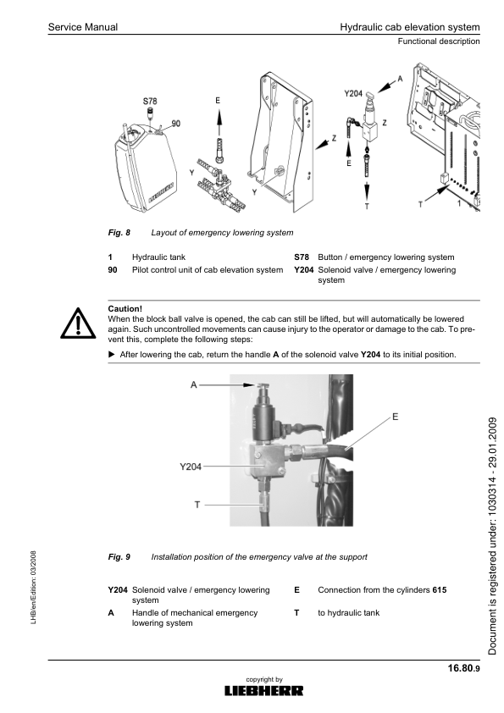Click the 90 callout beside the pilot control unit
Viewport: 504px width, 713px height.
click(175, 124)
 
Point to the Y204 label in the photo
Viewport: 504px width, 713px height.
click(192, 465)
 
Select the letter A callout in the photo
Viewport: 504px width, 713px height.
click(194, 384)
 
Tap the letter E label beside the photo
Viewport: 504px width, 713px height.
click(396, 417)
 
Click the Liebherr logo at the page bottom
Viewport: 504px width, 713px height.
click(263, 691)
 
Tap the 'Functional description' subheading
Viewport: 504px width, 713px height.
click(439, 41)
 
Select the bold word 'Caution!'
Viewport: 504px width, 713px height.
click(126, 308)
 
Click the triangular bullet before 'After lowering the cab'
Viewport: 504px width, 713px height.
click(113, 354)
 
